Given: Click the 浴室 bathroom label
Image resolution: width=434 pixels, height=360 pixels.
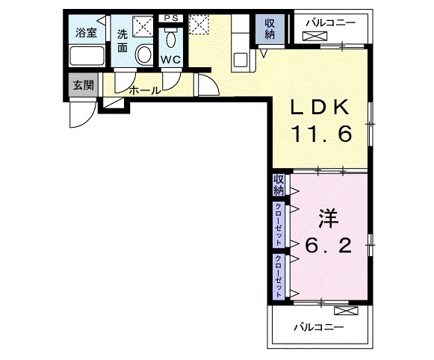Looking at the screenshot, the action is [86, 33].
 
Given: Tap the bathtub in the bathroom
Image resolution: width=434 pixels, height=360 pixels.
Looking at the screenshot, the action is [87, 56].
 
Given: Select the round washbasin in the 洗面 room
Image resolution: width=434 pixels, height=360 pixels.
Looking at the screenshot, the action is [144, 55].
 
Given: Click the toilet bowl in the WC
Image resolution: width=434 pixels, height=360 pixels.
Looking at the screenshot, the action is [170, 39].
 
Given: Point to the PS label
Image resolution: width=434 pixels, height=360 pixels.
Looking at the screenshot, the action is [171, 18].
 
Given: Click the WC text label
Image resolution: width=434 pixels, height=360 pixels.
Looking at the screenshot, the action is [171, 60].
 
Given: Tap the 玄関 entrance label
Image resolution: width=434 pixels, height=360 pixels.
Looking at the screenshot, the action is [84, 85].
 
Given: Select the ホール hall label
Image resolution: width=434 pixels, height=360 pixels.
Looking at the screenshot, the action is [145, 90].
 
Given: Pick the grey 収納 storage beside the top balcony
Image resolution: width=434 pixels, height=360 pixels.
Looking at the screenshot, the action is [270, 29].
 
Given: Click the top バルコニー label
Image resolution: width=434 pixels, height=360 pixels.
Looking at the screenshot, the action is [330, 23].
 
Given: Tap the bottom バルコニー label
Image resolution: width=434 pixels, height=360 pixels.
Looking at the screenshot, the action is [318, 328].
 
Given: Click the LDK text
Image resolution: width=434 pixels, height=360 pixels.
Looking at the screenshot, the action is [320, 107].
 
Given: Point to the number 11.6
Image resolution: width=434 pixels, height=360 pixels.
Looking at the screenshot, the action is [321, 134].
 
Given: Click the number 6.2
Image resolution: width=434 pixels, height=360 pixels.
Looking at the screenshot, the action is [328, 246].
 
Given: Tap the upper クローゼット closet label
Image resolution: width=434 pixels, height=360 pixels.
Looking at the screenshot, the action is [279, 224].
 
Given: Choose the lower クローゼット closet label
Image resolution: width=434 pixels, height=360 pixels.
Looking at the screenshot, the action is [279, 276].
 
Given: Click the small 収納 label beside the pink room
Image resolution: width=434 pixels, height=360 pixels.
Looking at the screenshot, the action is [279, 185].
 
